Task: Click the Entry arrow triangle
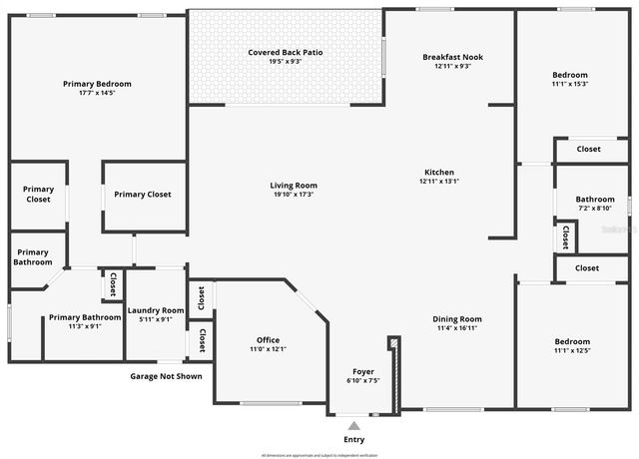(353, 426)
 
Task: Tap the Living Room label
(294, 185)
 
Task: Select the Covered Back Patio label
(286, 52)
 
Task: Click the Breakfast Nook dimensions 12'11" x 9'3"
(452, 67)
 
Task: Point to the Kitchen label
(439, 173)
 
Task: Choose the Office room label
(267, 340)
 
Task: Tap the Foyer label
(363, 371)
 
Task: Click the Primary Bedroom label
(97, 84)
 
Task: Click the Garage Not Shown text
(166, 376)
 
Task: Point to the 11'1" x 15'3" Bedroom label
(570, 75)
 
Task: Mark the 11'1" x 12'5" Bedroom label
(572, 341)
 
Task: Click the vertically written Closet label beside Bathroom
(565, 237)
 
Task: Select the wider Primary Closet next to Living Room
(144, 195)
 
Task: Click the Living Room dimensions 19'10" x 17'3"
(294, 195)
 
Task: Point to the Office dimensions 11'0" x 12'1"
(267, 349)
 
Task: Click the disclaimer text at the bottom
(319, 454)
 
